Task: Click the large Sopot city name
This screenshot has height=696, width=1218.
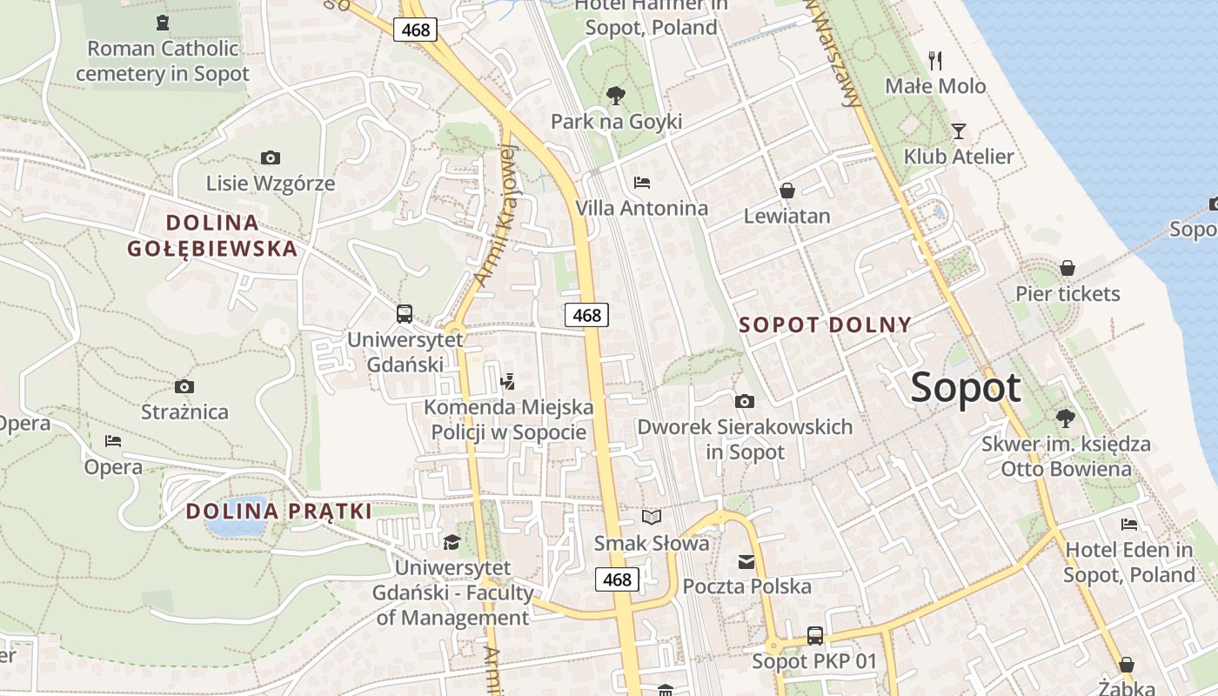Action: [965, 387]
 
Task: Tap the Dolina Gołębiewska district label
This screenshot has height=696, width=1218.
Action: [212, 236]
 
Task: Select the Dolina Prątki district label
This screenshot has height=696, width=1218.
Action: [279, 511]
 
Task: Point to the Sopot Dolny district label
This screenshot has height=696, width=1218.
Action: [825, 325]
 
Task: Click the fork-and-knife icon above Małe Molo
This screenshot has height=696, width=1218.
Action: [935, 61]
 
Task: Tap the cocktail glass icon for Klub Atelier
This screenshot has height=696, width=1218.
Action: [959, 131]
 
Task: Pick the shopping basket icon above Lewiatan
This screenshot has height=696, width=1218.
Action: [787, 190]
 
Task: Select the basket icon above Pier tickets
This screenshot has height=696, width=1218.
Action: [1067, 268]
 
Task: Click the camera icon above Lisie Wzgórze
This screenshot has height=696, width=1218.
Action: [271, 157]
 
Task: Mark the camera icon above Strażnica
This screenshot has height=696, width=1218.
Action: [184, 386]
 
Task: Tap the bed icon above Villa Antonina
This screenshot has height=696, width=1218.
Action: [642, 183]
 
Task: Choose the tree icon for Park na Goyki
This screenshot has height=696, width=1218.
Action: [616, 95]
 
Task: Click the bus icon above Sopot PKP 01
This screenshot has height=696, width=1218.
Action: [815, 635]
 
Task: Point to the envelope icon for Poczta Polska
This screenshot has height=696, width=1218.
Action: [746, 561]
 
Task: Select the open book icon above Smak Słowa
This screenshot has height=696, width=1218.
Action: [652, 518]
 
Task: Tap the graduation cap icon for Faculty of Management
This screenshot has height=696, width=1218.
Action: [452, 542]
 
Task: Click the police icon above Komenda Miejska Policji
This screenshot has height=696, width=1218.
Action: [508, 380]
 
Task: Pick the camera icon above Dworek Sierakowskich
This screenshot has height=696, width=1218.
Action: [745, 401]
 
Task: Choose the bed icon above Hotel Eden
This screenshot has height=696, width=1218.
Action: [1129, 524]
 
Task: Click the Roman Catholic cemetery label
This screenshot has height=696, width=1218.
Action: [163, 61]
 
